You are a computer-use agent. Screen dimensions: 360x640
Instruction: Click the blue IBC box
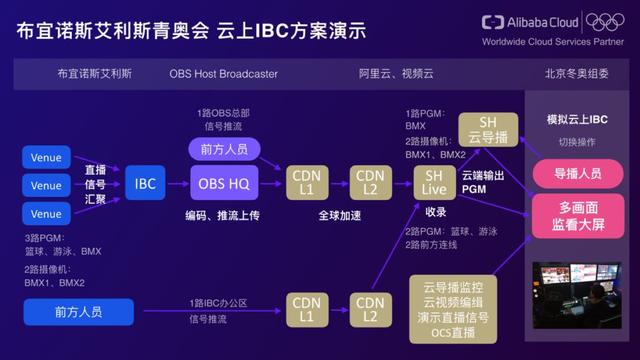coord(146,184)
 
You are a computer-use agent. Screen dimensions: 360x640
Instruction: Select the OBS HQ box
coord(223,184)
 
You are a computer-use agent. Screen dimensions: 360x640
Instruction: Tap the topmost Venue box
coord(46,157)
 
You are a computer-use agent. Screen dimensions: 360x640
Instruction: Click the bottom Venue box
coord(46,213)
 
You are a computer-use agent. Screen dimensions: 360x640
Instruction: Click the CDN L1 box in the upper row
coord(306,184)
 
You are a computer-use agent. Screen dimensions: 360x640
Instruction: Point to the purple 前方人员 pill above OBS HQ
coord(224,147)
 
